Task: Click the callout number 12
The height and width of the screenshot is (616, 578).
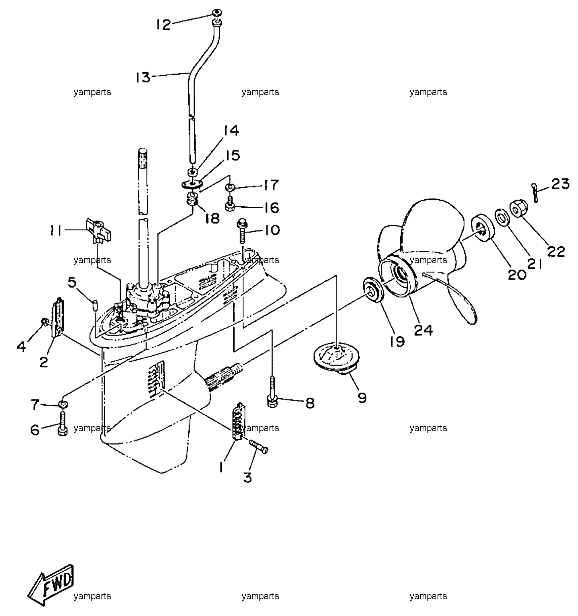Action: [163, 25]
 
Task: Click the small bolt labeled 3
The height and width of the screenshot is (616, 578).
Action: [258, 447]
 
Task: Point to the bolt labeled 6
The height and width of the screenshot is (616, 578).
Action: [63, 423]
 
